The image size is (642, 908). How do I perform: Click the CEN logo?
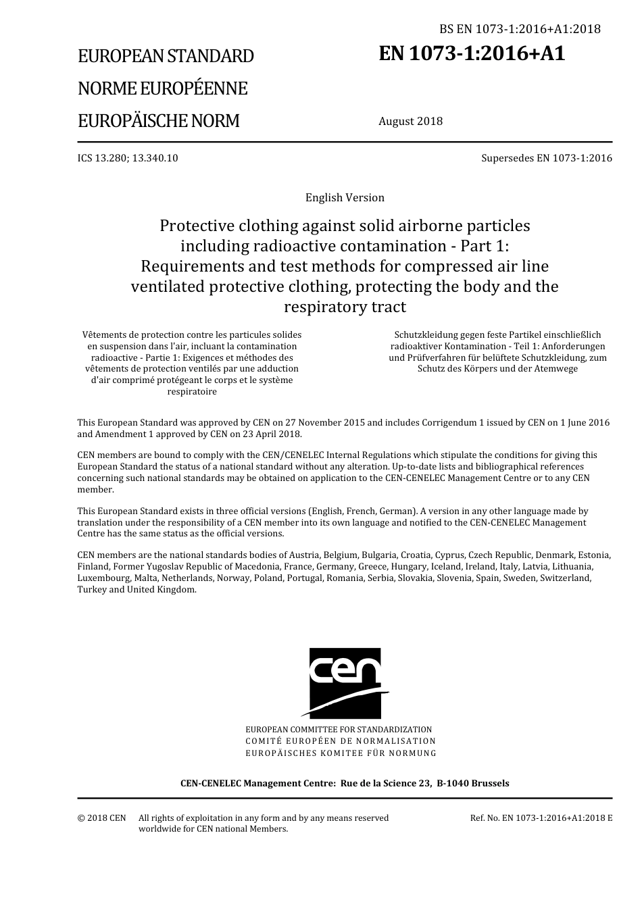pos(345,682)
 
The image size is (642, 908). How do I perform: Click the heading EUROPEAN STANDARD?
pos(166,56)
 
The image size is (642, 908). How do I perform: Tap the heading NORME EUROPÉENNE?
pos(162,89)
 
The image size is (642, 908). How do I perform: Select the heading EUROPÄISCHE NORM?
pos(158,121)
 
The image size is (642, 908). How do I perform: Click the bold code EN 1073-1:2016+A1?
pos(472,54)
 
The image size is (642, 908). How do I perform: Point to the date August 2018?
pos(410,122)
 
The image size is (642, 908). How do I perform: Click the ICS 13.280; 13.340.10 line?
pos(128,158)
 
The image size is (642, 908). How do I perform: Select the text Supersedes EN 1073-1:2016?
pos(546,158)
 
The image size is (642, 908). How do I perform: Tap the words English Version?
pos(345,198)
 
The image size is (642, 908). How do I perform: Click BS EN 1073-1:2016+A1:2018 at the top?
pos(520,28)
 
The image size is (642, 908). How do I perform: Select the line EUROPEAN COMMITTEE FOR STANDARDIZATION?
pos(339,730)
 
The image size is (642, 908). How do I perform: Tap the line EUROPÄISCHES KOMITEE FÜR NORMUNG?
pos(341,753)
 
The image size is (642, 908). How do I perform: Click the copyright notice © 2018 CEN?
pos(101,818)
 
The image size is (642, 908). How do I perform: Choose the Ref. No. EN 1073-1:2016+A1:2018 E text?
pos(541,818)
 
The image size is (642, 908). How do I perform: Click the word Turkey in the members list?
pos(92,590)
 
